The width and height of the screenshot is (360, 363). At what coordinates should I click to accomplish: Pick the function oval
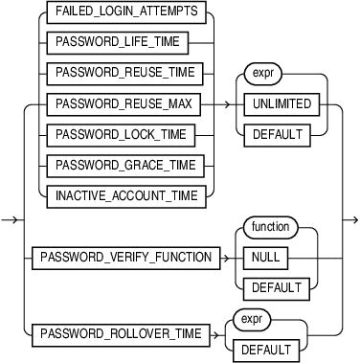[271, 228]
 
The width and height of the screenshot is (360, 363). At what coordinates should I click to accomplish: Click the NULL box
[259, 258]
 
